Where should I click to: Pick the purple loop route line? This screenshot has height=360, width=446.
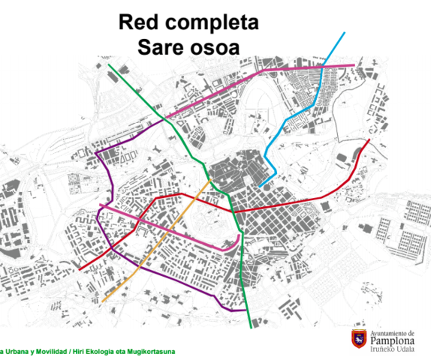[x=103, y=217]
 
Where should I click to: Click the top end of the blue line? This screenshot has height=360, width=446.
[x=345, y=33]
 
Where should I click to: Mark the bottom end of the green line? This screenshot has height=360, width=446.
[x=252, y=328]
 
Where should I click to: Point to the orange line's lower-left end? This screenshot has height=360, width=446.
[x=103, y=301]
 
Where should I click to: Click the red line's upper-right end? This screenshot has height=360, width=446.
[x=369, y=140]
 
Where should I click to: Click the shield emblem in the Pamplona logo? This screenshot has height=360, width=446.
[x=360, y=339]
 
